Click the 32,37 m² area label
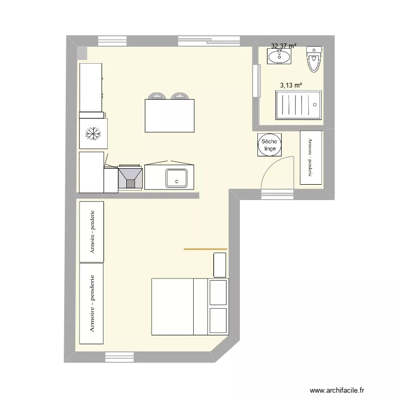[x=283, y=46]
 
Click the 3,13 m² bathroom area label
[x=291, y=84]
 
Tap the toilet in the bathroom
[x=314, y=59]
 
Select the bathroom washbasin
[x=278, y=56]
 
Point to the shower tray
[x=298, y=105]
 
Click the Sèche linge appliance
[x=269, y=145]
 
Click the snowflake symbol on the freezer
[x=93, y=134]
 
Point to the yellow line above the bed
[x=205, y=248]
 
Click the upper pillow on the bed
[x=218, y=292]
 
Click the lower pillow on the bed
[x=218, y=321]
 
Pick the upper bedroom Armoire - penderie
[x=91, y=231]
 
